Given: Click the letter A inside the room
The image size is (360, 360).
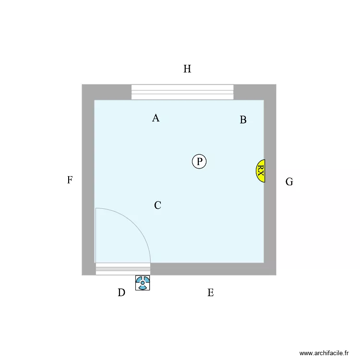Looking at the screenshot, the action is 156,118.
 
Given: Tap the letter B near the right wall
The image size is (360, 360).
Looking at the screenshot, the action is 243,120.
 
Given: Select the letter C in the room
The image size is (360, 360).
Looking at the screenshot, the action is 157,205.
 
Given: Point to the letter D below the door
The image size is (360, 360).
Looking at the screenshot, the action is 121,292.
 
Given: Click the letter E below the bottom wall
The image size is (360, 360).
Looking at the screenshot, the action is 211,293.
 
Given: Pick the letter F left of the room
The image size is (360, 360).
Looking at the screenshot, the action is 70,180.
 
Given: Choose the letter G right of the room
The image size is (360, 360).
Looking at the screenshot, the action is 289,182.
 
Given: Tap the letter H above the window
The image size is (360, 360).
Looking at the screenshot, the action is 187,69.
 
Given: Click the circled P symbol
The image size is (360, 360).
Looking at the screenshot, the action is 199,161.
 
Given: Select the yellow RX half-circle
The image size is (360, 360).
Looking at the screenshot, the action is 261,171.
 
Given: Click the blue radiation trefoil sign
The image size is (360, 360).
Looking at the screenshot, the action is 143,283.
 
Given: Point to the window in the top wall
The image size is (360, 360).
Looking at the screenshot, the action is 182,92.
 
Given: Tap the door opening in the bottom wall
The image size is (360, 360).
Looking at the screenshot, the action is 123,269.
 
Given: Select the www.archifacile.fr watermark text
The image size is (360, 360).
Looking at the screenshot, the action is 324,353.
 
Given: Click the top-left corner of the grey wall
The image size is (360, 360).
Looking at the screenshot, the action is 82,84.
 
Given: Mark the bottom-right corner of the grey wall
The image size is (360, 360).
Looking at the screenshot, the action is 276,275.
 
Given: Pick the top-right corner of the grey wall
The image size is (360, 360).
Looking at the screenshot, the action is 276,84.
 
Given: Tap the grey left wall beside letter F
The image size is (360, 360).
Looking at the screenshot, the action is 88,180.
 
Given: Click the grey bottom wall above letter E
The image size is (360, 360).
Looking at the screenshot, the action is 211,269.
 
